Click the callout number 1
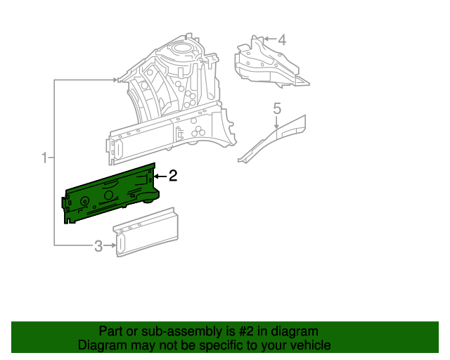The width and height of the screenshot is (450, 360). [45, 157]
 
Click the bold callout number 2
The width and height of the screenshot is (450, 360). [172, 176]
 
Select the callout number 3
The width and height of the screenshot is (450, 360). [98, 245]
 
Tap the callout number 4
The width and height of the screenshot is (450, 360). [282, 40]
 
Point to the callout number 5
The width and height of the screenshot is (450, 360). [277, 108]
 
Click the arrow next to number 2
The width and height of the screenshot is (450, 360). [160, 176]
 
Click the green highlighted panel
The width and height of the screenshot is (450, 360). [112, 193]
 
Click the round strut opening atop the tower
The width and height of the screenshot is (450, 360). [182, 49]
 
